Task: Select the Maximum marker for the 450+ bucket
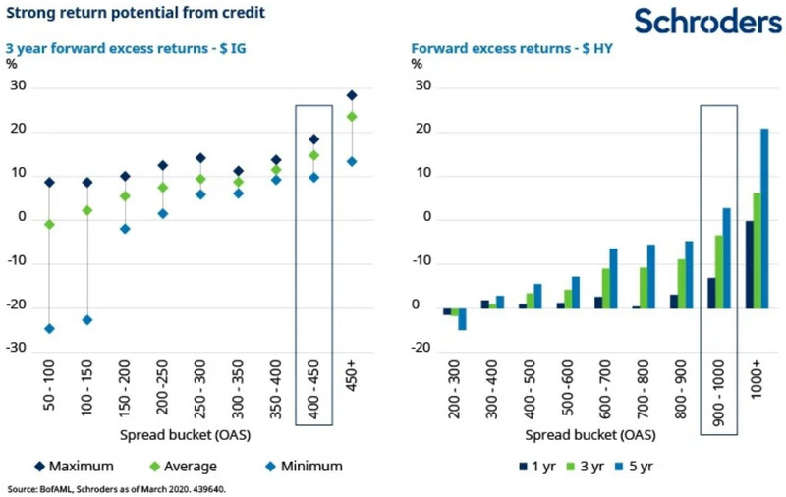click(x=351, y=95)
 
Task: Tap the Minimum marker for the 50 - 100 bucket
click(x=49, y=328)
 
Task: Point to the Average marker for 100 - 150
click(x=86, y=210)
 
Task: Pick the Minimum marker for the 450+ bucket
click(x=351, y=161)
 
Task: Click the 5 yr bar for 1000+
click(x=763, y=218)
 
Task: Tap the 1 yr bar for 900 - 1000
click(x=712, y=293)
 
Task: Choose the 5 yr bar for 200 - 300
click(x=462, y=319)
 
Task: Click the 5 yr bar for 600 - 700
click(x=613, y=278)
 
